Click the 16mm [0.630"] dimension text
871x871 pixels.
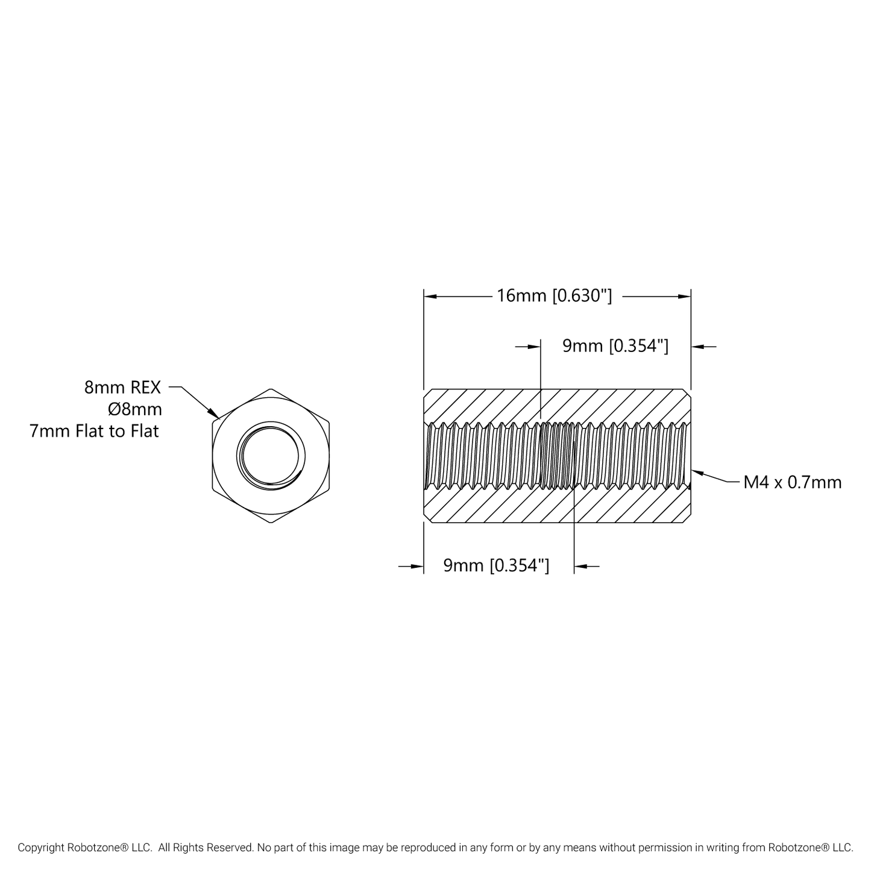554,296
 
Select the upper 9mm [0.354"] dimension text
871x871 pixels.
615,346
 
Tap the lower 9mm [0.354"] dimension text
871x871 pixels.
496,565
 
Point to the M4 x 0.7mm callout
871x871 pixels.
792,482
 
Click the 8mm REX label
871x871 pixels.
122,388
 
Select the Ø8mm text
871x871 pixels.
134,410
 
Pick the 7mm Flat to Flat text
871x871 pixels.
94,432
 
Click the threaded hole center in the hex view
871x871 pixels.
271,456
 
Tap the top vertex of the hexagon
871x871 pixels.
271,389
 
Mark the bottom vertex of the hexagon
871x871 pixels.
271,523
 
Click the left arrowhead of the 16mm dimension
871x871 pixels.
427,297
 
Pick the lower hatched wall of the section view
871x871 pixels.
557,506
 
